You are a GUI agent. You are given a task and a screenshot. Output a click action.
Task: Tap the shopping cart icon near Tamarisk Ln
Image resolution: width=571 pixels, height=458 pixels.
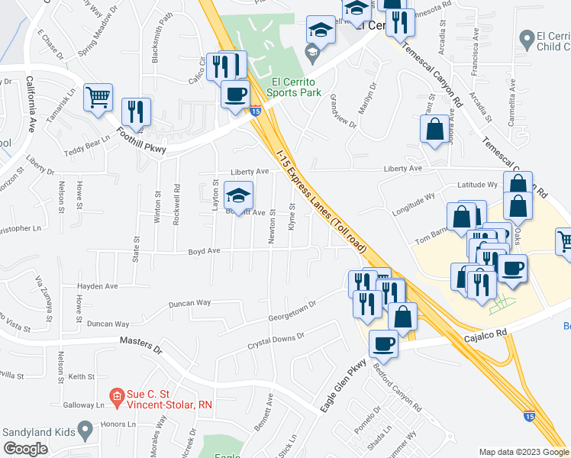pos(98,98)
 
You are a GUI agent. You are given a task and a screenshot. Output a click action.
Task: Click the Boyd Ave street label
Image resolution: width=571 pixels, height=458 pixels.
pos(205,250)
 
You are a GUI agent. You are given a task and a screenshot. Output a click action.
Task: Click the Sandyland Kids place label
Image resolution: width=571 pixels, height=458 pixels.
pos(38,432)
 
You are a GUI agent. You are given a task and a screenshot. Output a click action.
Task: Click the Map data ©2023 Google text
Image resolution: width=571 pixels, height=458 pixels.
pos(523,451)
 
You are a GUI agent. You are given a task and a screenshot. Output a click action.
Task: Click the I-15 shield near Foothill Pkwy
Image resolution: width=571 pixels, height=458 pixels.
pos(255,111)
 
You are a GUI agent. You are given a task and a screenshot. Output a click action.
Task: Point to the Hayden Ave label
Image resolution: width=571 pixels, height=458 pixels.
pos(98,286)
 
